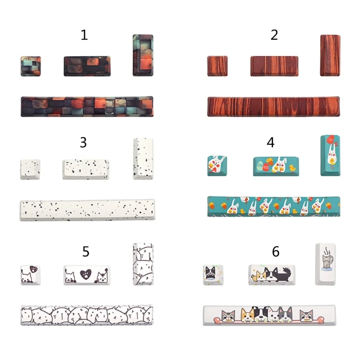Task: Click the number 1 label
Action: [x=84, y=35]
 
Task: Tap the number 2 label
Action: [x=274, y=35]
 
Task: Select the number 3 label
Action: [x=83, y=143]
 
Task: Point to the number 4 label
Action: [x=270, y=143]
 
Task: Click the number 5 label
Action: [x=85, y=252]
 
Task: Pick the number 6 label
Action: [x=275, y=252]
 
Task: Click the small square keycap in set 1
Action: [x=31, y=66]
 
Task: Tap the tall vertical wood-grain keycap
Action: [x=330, y=55]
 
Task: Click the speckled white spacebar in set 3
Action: [x=87, y=210]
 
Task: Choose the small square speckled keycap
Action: [x=30, y=170]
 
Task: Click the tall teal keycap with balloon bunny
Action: [x=330, y=155]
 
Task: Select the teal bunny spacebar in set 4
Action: [x=274, y=206]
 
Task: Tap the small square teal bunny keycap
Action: [x=216, y=165]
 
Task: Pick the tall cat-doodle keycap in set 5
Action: [x=143, y=264]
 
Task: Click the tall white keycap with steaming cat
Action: [x=325, y=264]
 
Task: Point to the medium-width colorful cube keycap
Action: [x=87, y=66]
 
